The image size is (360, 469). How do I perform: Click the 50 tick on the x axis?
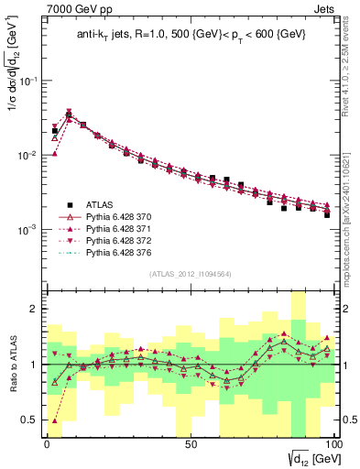(190, 442)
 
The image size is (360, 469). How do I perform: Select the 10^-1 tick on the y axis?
(29, 81)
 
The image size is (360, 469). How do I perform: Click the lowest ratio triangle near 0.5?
(55, 420)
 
